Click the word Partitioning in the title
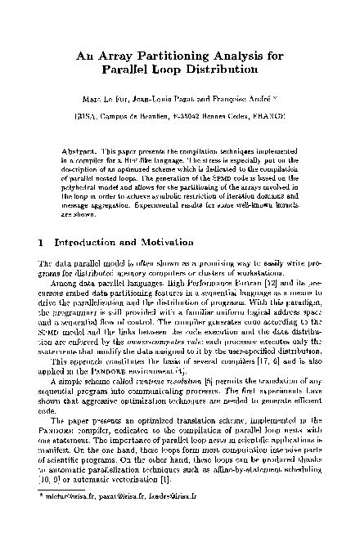[162, 56]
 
